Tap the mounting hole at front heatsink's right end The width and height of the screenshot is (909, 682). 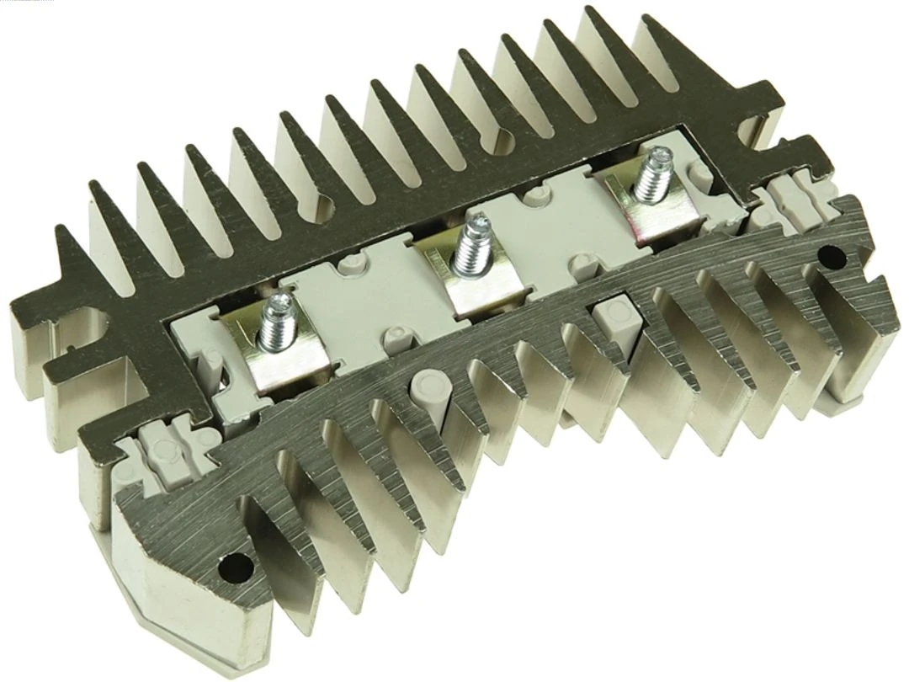[833, 254]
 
